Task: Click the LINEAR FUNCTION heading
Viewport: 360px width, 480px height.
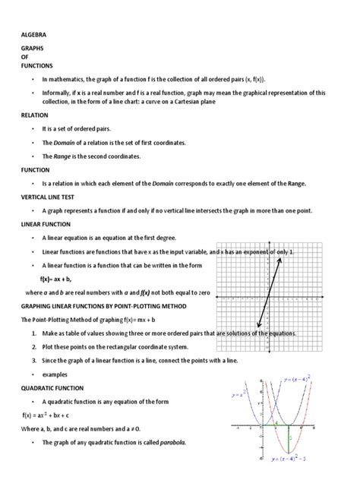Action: pos(45,224)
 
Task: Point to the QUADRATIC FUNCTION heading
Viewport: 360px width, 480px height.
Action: pos(51,387)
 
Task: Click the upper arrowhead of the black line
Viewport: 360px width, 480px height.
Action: pos(280,261)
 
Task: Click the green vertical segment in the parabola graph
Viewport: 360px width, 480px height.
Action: pos(288,439)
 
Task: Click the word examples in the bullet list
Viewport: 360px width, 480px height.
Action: pos(55,374)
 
